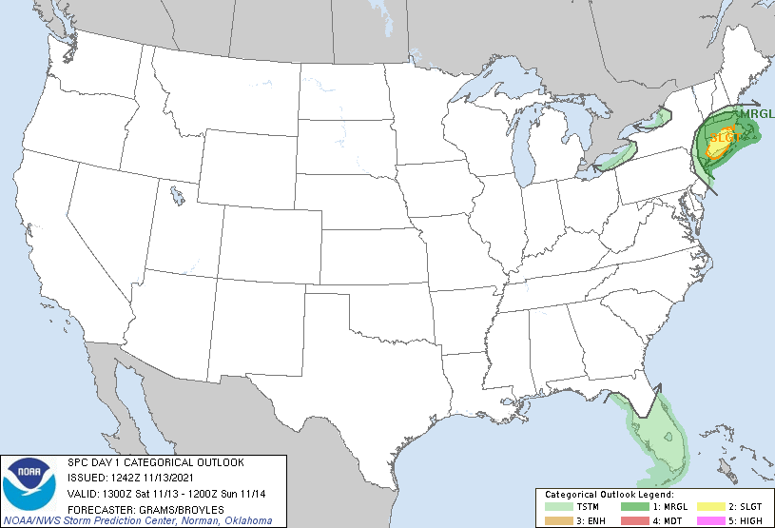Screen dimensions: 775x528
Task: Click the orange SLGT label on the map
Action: click(725, 138)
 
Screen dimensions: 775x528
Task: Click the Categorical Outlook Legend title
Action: click(609, 495)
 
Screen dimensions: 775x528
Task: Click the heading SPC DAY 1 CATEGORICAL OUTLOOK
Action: click(155, 462)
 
